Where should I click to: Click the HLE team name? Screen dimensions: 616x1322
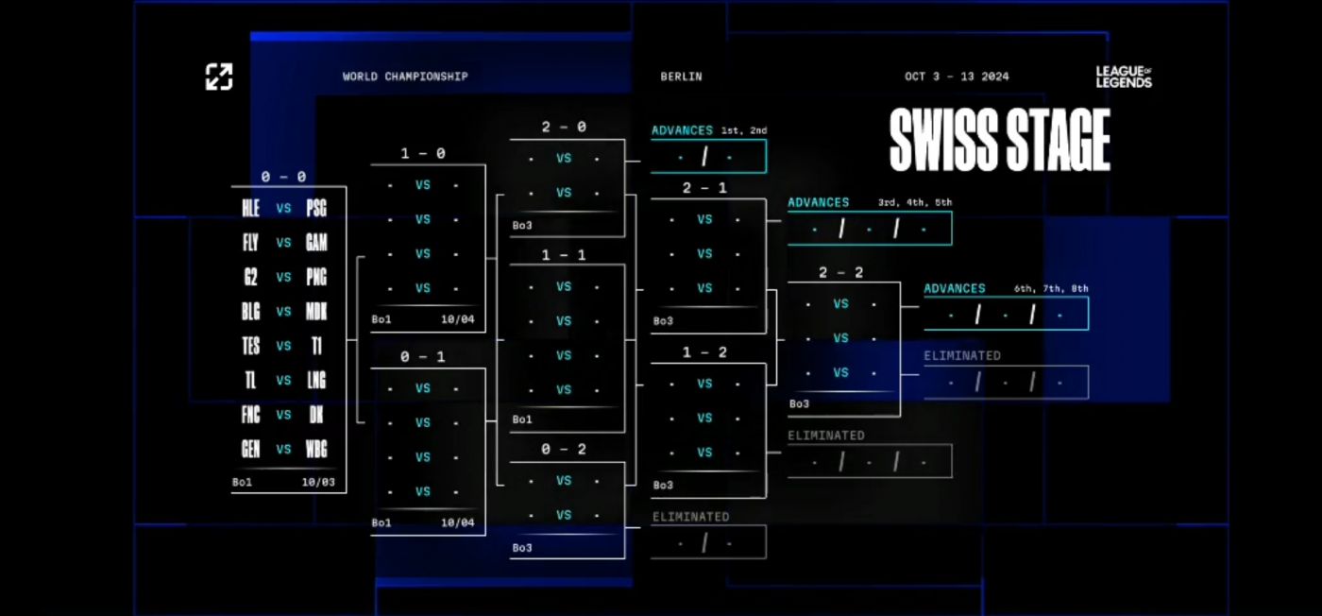click(250, 208)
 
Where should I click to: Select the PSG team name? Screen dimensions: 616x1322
click(316, 208)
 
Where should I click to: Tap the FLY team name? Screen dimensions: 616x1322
click(250, 243)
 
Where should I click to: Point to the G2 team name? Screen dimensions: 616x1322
click(250, 277)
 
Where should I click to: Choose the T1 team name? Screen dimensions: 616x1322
click(316, 346)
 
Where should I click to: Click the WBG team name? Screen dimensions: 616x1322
click(316, 449)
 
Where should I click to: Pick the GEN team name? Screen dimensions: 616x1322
click(250, 449)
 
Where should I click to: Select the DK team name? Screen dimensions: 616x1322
click(316, 415)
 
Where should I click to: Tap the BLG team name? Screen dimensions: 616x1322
click(250, 312)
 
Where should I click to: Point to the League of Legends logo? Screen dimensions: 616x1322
click(1124, 77)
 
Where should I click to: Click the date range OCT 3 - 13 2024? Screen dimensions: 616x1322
click(957, 77)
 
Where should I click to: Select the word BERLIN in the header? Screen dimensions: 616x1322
click(681, 77)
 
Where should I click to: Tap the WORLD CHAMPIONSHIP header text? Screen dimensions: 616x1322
click(405, 77)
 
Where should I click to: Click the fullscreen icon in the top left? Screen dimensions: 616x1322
click(219, 77)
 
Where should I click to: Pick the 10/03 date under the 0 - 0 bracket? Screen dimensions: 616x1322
click(319, 482)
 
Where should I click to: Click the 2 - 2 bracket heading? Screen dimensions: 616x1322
click(841, 272)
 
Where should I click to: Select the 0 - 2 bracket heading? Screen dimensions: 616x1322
click(564, 449)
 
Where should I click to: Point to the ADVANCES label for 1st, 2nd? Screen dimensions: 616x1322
click(682, 130)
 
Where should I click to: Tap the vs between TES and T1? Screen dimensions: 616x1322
click(283, 346)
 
